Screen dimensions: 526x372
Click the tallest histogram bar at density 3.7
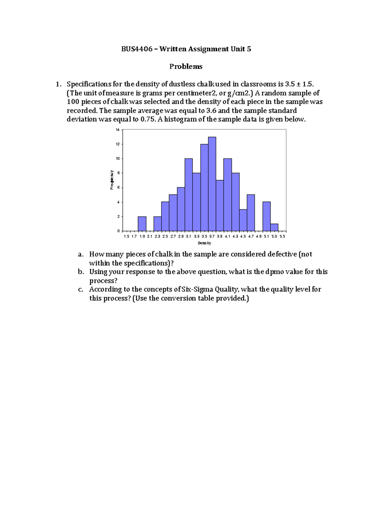212,184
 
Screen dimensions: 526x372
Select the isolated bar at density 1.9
142,224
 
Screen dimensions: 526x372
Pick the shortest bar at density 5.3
274,227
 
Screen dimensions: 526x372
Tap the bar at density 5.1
267,216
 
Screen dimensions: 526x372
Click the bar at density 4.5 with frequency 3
243,220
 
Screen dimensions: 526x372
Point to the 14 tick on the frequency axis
118,130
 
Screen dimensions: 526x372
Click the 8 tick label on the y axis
118,173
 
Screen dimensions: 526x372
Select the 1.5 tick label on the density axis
126,236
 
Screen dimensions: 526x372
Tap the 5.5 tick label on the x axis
282,236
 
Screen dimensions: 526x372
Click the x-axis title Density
204,243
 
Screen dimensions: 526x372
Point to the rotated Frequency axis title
112,180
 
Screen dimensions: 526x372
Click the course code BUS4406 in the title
137,49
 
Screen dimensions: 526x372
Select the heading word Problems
186,67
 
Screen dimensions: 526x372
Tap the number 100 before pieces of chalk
73,102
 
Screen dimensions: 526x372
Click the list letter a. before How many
81,255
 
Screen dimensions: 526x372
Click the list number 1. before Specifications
58,84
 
